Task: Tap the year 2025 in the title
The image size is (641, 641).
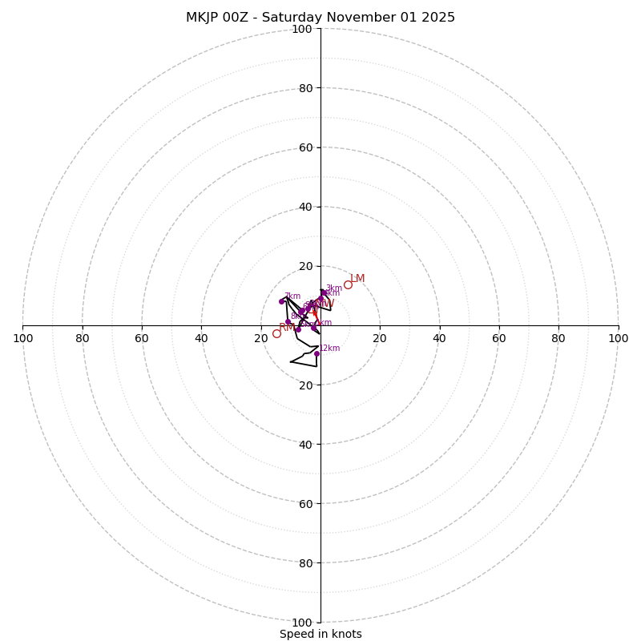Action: tap(438, 18)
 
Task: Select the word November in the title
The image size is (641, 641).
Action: tap(366, 18)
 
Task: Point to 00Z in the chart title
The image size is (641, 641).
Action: tap(240, 18)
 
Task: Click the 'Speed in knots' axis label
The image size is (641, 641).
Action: tap(320, 634)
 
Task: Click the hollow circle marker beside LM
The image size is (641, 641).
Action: tap(348, 284)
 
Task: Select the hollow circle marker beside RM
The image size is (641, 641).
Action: tap(276, 333)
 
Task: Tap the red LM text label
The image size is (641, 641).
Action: tap(357, 279)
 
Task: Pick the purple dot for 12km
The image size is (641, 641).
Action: tap(316, 353)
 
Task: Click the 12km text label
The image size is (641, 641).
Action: tap(330, 348)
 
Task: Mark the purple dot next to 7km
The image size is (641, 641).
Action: tap(281, 301)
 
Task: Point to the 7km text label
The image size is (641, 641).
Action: tap(292, 296)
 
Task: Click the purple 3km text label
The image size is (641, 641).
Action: tap(334, 288)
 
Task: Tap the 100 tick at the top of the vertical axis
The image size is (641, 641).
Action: tap(302, 29)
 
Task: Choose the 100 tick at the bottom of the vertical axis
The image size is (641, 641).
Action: tap(302, 623)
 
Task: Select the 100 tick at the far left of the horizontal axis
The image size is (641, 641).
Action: tap(22, 338)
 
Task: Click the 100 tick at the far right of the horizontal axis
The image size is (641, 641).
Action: tap(619, 338)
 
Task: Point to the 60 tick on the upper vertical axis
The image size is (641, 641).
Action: tap(305, 147)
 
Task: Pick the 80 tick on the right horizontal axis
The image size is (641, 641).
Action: tap(558, 338)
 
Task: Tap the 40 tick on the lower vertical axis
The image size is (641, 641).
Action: tap(305, 444)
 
